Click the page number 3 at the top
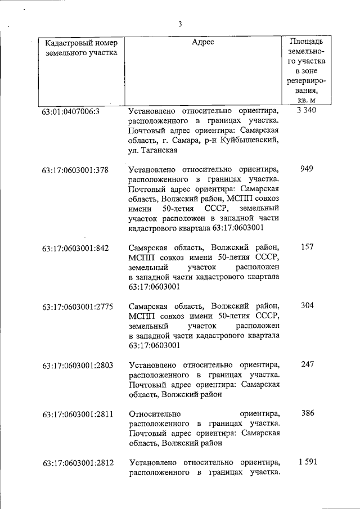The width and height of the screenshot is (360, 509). (180, 24)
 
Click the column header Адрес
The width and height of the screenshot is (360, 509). (203, 42)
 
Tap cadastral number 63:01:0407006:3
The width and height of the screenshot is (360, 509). (70, 111)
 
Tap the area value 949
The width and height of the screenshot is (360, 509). (307, 169)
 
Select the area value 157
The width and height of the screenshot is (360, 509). (307, 247)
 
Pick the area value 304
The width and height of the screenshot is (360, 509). (307, 306)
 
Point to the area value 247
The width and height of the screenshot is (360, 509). (307, 364)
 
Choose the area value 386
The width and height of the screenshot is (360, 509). (307, 413)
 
